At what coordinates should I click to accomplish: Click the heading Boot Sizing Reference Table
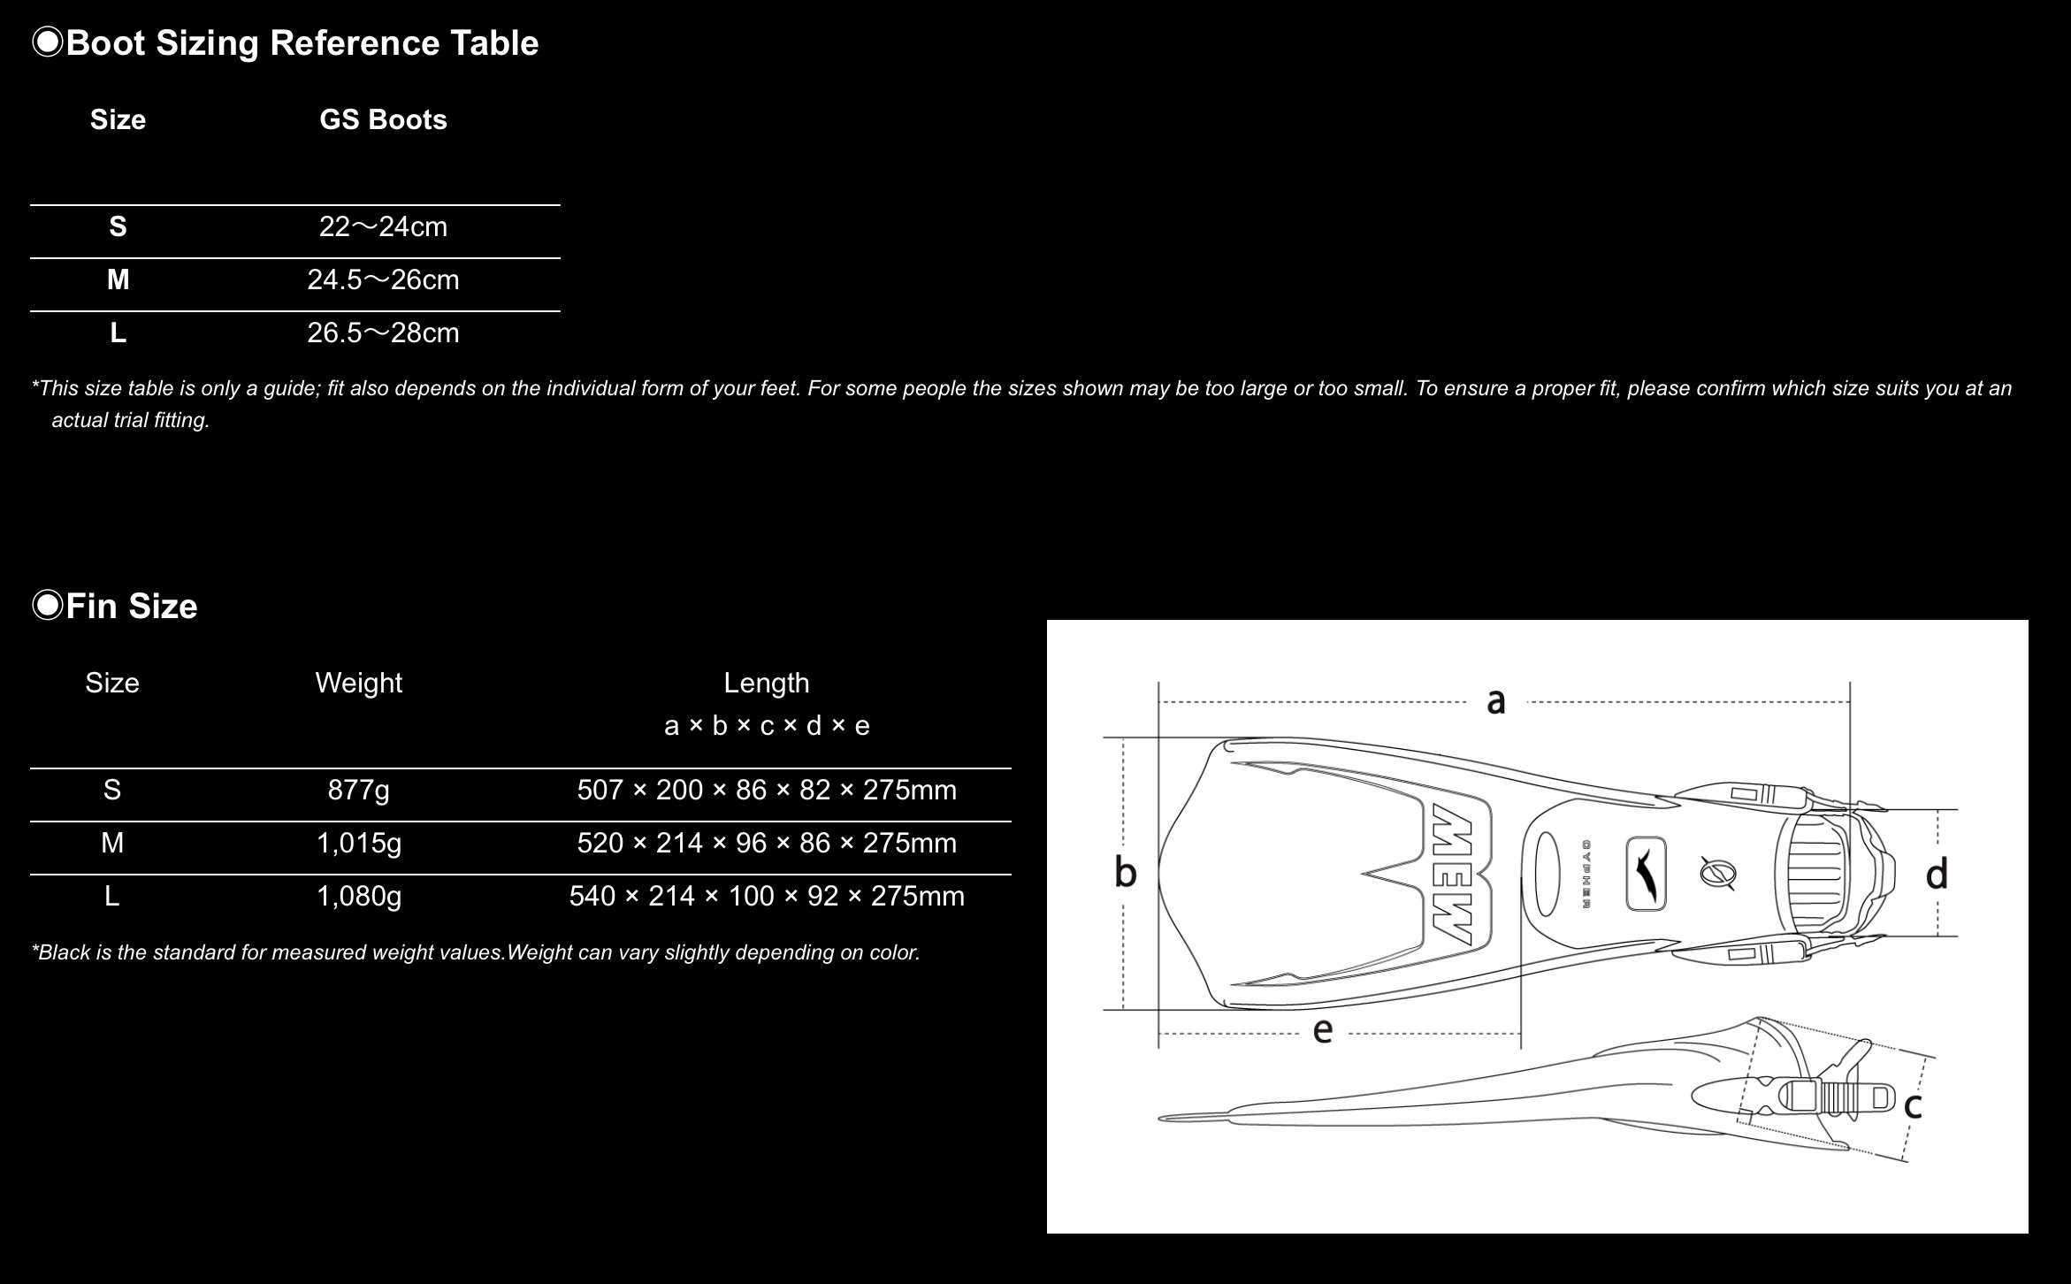(x=302, y=43)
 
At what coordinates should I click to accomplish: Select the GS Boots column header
(x=383, y=120)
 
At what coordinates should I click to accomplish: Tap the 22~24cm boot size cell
(x=383, y=227)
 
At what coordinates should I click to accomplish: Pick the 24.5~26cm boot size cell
(x=383, y=280)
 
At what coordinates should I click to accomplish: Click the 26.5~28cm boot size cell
(x=383, y=333)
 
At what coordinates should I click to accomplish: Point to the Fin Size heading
(x=131, y=607)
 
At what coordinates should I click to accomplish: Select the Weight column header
(x=358, y=683)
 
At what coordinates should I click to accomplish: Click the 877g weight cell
(x=358, y=790)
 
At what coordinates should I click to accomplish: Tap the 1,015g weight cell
(x=358, y=843)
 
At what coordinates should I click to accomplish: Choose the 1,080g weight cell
(x=358, y=896)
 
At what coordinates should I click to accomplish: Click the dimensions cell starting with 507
(x=767, y=790)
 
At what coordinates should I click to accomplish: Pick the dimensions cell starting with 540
(x=767, y=896)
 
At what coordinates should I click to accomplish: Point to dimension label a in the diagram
(x=1495, y=701)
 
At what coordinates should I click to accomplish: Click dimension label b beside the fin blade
(x=1125, y=872)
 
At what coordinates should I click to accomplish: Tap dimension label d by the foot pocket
(x=1937, y=874)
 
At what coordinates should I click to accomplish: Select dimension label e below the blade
(x=1322, y=1030)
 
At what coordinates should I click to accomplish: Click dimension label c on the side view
(x=1913, y=1105)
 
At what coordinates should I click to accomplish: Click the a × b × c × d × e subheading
(x=767, y=726)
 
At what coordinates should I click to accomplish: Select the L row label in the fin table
(x=112, y=896)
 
